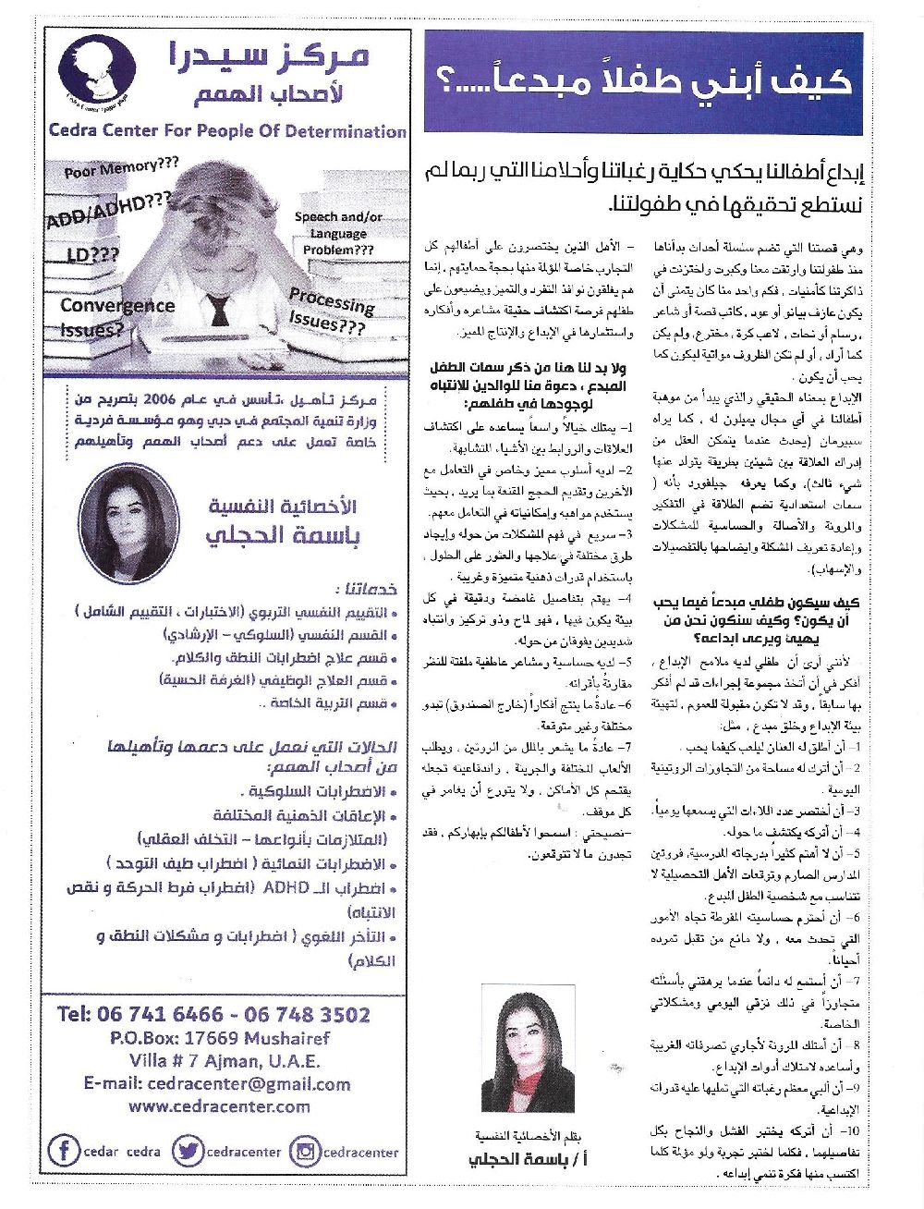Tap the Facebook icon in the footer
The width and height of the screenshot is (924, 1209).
click(x=63, y=1151)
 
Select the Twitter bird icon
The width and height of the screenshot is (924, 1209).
click(x=188, y=1151)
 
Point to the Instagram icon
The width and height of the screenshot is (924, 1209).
click(x=303, y=1151)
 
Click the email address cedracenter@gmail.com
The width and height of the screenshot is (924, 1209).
click(x=216, y=1083)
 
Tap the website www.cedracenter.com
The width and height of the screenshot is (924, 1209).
click(x=219, y=1105)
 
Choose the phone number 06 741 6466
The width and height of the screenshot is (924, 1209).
click(x=140, y=1014)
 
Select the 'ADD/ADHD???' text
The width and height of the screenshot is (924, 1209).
click(x=109, y=212)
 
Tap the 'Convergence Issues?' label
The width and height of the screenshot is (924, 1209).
click(x=115, y=316)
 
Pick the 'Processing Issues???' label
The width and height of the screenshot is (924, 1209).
click(x=328, y=312)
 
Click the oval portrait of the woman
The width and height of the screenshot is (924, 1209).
click(x=129, y=523)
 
